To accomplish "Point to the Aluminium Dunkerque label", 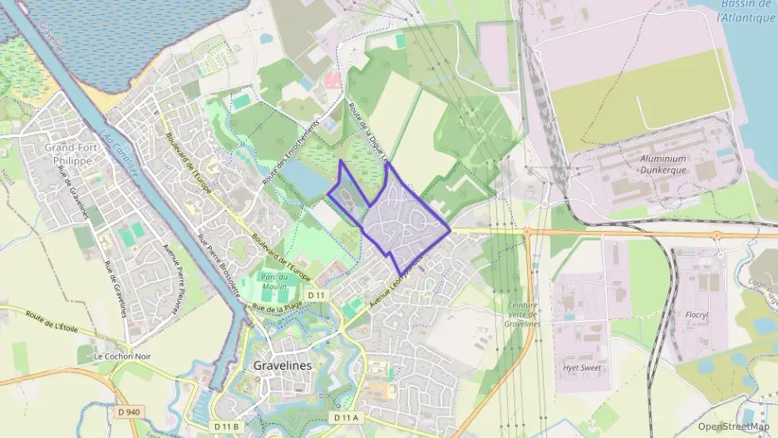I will click(x=664, y=164).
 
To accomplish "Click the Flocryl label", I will click(x=696, y=316).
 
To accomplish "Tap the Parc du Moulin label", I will click(x=273, y=282).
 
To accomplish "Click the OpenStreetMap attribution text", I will click(x=733, y=426).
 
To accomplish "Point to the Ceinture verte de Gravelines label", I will click(x=524, y=314).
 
